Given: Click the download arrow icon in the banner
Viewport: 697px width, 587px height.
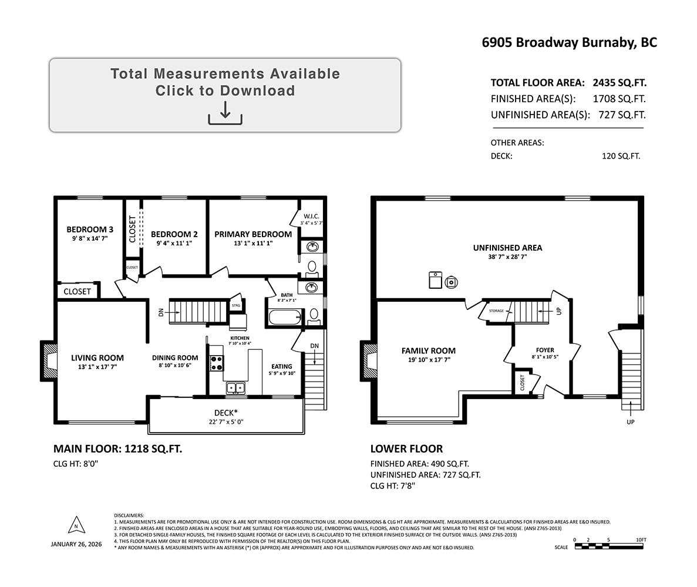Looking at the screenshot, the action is (x=225, y=113).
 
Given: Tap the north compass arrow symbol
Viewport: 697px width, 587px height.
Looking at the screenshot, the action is (x=76, y=525).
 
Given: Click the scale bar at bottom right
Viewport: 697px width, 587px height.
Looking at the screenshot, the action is (x=609, y=546).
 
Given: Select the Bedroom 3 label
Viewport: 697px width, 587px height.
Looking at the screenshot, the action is (x=90, y=230).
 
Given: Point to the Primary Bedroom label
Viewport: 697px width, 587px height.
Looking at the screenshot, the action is (x=253, y=234).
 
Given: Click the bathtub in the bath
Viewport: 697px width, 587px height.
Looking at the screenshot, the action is (x=285, y=318).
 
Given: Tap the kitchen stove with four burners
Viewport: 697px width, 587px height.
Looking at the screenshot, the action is (x=217, y=363).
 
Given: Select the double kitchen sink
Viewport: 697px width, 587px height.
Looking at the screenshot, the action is (x=235, y=388).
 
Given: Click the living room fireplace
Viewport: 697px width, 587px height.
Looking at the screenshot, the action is (x=48, y=360).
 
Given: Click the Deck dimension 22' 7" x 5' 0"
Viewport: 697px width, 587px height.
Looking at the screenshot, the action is (x=226, y=421).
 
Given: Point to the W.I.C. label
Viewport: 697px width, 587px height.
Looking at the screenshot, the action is (x=311, y=217).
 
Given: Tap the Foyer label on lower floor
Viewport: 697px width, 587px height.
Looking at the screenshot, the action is (x=545, y=350).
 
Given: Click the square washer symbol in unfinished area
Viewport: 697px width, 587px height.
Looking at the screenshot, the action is (x=435, y=280).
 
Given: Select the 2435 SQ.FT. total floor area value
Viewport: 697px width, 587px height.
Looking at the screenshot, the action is (x=619, y=83).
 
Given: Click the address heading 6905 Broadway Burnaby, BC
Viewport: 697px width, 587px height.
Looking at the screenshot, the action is (x=570, y=43).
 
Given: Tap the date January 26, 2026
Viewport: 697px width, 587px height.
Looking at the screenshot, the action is (x=76, y=544).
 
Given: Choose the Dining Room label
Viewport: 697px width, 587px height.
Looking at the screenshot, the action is (x=175, y=357).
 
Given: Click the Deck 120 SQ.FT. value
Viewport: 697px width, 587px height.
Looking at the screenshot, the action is (x=621, y=156).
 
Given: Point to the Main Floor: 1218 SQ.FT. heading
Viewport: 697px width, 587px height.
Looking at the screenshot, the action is (x=118, y=449).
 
